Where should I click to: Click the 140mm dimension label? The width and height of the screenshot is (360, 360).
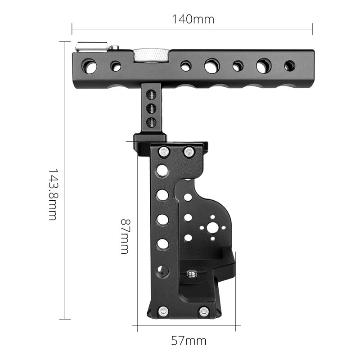click(x=193, y=19)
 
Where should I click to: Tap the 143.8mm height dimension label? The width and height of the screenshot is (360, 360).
click(x=53, y=194)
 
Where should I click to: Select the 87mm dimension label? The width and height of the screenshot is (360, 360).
click(x=125, y=237)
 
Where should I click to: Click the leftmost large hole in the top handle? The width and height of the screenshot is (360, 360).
click(x=89, y=66)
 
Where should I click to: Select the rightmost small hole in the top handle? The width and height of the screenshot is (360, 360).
click(x=289, y=66)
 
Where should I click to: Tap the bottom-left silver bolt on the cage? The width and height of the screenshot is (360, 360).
click(x=163, y=310)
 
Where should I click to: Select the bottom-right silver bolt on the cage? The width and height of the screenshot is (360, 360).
click(x=204, y=310)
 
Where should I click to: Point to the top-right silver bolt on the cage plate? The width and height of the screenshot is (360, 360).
click(x=189, y=152)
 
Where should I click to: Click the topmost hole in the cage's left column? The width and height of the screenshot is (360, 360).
click(x=162, y=171)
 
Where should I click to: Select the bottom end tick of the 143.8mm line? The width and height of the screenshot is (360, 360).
click(x=65, y=319)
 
